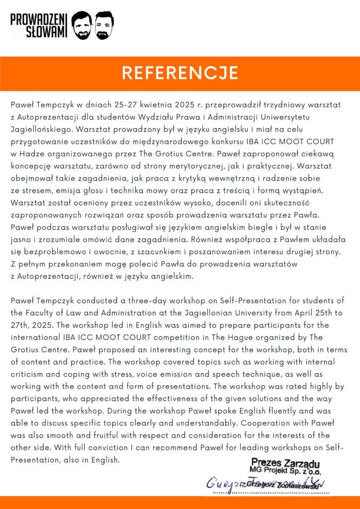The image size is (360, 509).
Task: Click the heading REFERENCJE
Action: point(180,73)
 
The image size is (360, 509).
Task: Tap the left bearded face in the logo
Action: point(82,26)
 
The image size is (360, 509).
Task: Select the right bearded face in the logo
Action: point(104,26)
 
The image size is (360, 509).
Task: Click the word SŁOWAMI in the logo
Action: point(47,32)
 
